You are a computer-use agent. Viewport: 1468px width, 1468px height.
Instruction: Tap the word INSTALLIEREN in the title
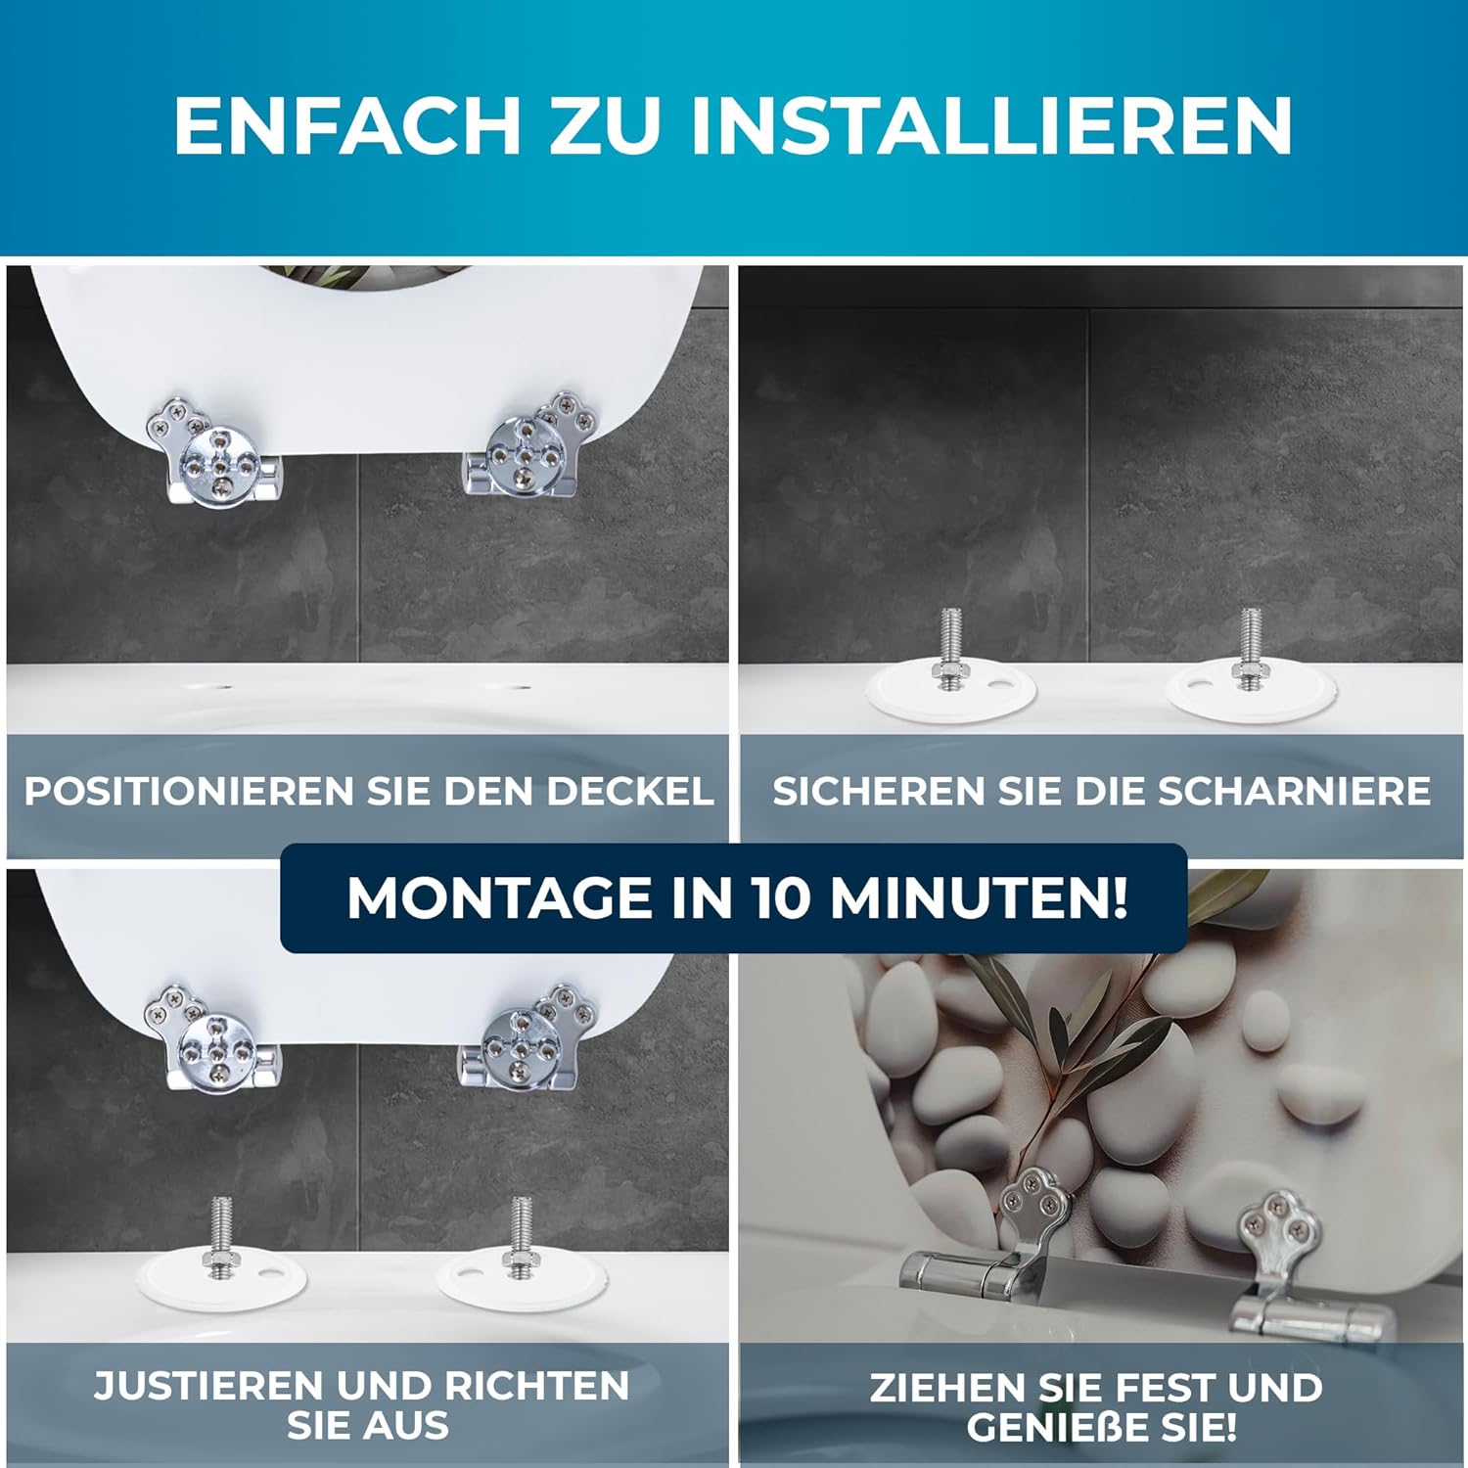pos(991,125)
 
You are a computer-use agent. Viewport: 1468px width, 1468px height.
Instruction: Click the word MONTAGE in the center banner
pos(500,897)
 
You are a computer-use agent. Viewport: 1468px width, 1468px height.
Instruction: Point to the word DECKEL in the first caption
pos(629,791)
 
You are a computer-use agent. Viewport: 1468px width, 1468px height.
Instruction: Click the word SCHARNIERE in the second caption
pos(1295,791)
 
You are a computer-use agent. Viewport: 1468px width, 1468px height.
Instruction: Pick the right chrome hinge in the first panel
pos(529,445)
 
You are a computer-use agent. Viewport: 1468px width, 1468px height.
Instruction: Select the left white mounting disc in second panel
pos(950,692)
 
